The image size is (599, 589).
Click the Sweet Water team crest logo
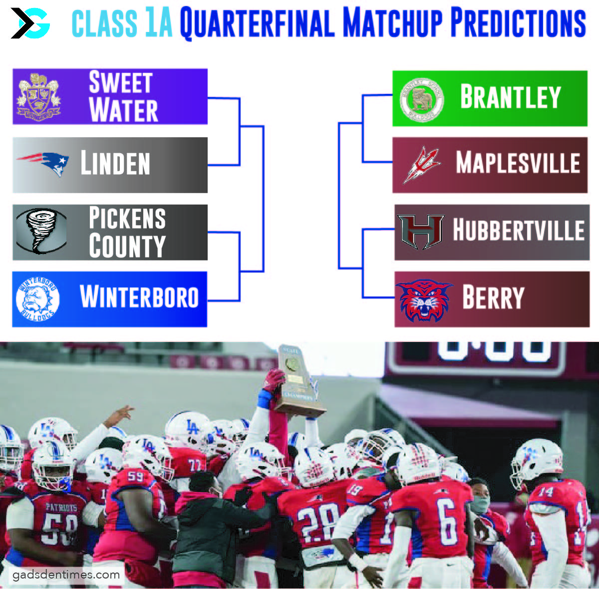[x=39, y=97]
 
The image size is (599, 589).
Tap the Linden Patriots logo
[x=43, y=164]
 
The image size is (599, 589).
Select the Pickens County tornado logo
[x=41, y=231]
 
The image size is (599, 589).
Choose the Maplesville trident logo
[x=422, y=165]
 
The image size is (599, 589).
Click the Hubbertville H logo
[x=421, y=232]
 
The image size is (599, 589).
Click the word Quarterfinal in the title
[x=257, y=23]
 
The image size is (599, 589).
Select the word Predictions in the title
[x=518, y=23]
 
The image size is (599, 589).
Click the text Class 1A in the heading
[x=122, y=23]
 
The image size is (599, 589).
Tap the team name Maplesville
[x=518, y=163]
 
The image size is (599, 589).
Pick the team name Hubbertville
[x=518, y=230]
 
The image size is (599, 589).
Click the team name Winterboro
[x=139, y=297]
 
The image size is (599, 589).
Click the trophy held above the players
[x=299, y=382]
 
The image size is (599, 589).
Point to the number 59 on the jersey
[x=135, y=476]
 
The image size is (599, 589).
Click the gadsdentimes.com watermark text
[x=66, y=575]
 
